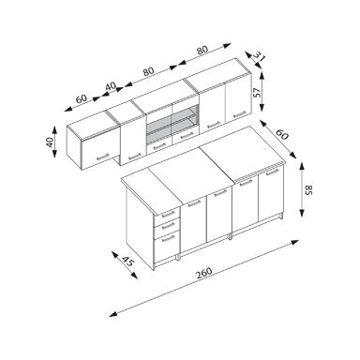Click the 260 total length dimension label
[204, 274]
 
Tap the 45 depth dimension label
[127, 261]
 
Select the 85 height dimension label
[308, 189]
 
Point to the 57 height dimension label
[257, 93]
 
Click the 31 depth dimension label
[259, 57]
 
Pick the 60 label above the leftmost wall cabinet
[82, 98]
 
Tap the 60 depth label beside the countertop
[282, 134]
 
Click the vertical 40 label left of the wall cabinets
[50, 142]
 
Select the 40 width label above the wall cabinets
[111, 86]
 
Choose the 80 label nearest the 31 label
[202, 50]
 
